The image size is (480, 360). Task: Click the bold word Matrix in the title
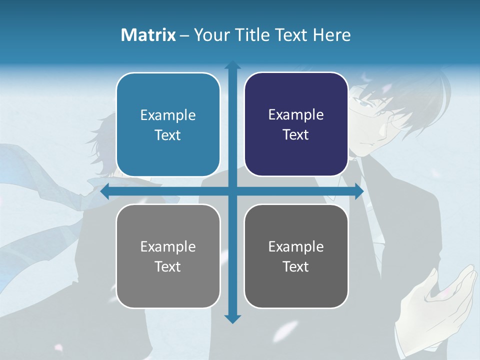click(148, 34)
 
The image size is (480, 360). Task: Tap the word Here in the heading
click(332, 34)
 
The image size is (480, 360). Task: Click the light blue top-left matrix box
click(168, 124)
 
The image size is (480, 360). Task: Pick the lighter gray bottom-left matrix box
click(168, 256)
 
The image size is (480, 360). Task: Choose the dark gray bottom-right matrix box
click(296, 256)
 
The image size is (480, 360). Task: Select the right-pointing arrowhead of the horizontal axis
click(358, 191)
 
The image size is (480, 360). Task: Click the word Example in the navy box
click(296, 114)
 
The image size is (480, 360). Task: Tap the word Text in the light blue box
click(167, 135)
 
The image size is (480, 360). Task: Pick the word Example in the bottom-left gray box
click(168, 246)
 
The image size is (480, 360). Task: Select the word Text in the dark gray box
click(295, 266)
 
